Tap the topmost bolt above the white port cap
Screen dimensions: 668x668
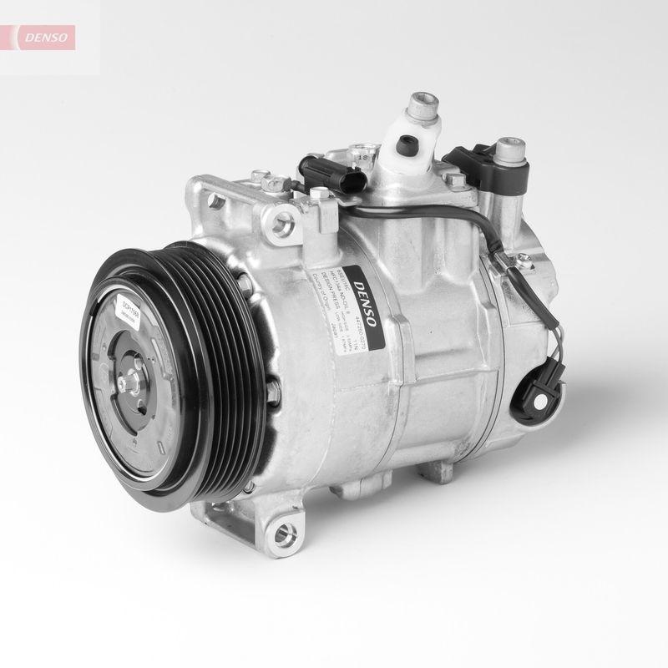coord(422,107)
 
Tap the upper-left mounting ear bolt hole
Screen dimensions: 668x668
coord(215,200)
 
